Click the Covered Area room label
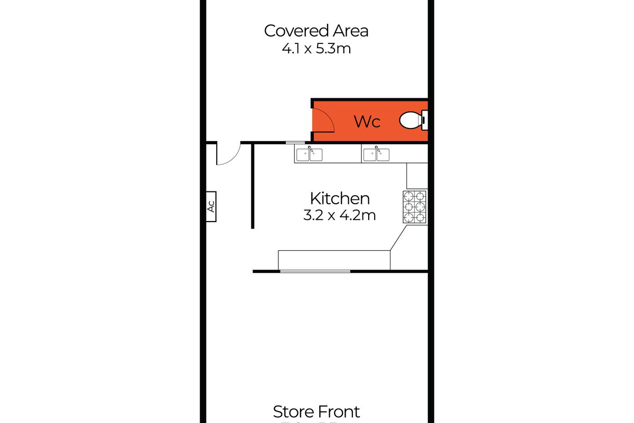coord(316,31)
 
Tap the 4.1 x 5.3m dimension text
coord(316,49)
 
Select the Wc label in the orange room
coord(367,122)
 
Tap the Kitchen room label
coord(339,199)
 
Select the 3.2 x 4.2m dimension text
coord(339,215)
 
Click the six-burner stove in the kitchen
coord(415,206)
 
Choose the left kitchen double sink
coord(309,154)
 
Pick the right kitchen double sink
coord(376,154)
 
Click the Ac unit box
coord(210,207)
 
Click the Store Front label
coord(316,411)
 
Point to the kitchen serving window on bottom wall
coord(315,271)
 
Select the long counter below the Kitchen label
coord(334,260)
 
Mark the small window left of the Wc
coord(295,142)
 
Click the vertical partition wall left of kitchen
coord(253,185)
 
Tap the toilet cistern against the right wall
coord(424,121)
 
